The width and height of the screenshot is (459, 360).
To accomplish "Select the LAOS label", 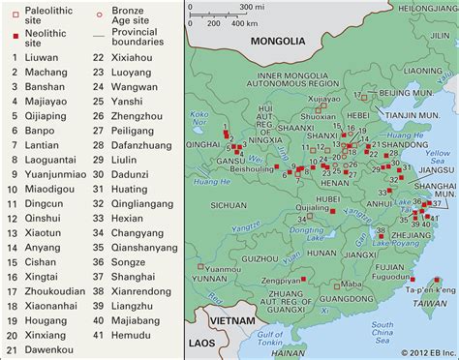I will tap(200, 343).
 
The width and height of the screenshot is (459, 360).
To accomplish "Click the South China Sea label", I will tap(382, 331).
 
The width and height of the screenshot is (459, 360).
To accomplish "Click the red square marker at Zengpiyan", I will tap(302, 278).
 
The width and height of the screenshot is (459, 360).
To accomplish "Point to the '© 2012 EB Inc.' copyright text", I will tap(417, 351).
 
